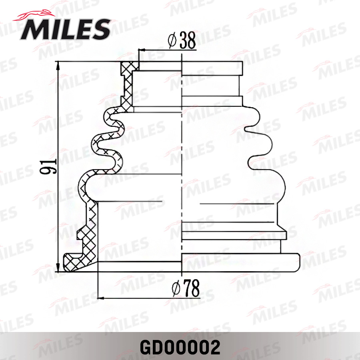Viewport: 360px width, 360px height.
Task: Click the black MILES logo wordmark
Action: tap(66, 29)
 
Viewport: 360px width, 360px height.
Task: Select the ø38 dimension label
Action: tap(182, 40)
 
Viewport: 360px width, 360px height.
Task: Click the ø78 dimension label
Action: tap(186, 288)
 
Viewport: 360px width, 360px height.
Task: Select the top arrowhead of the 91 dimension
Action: tap(58, 66)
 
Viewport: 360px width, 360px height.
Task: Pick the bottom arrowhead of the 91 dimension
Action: tap(58, 268)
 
